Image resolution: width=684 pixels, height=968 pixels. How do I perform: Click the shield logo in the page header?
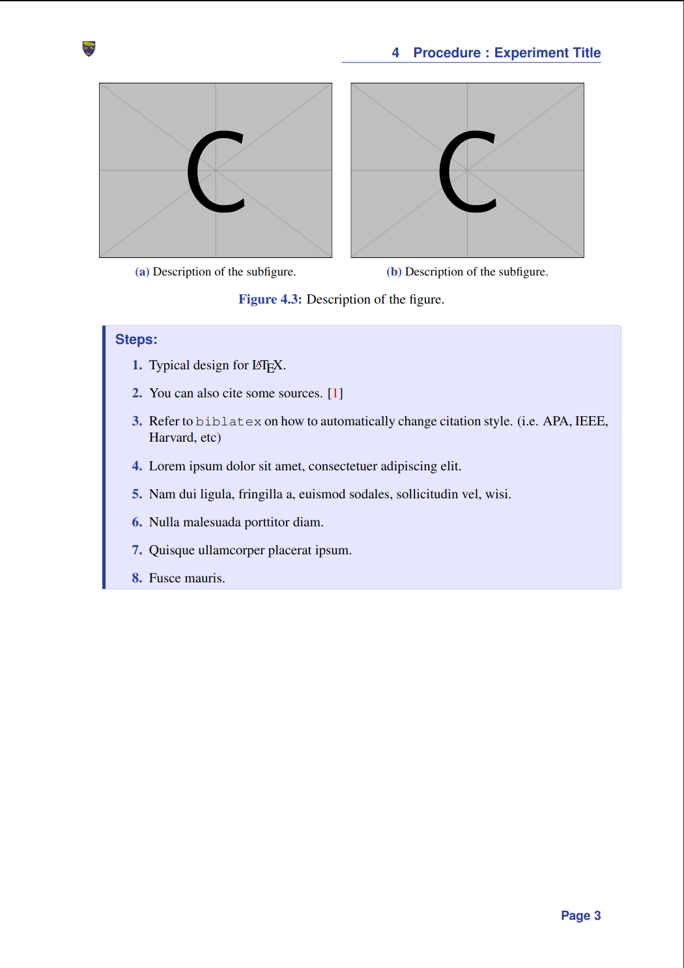[x=89, y=49]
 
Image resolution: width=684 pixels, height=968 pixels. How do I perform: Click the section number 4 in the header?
[x=395, y=53]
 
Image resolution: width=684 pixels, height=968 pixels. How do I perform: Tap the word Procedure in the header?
[x=447, y=53]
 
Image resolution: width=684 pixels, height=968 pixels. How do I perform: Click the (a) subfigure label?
[x=142, y=272]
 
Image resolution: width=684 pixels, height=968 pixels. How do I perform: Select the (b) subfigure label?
[x=393, y=272]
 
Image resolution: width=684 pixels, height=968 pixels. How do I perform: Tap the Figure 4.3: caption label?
[x=270, y=299]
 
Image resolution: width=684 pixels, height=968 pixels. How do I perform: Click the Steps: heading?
[x=136, y=339]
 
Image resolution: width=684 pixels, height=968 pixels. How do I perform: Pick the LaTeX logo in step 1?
[x=268, y=365]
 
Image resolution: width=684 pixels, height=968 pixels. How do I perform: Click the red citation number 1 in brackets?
[x=335, y=393]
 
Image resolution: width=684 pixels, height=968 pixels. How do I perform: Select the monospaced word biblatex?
[x=229, y=421]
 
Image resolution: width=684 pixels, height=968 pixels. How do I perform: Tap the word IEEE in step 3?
[x=590, y=421]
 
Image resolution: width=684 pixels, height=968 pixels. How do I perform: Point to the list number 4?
[x=137, y=466]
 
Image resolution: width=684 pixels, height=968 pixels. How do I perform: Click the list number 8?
[x=137, y=578]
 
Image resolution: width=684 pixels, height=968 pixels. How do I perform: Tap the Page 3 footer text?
[x=580, y=916]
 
